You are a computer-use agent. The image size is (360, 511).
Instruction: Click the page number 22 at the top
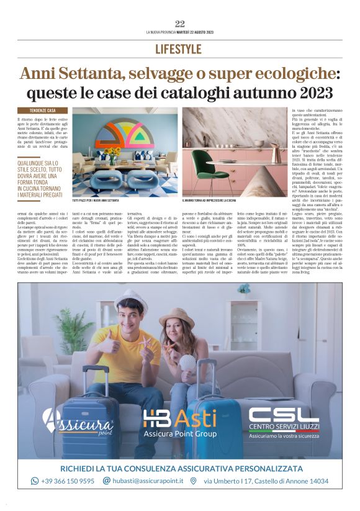(180, 24)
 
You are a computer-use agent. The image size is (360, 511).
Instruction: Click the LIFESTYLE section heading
(180, 49)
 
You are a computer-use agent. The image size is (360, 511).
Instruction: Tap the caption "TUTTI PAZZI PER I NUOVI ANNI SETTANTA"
(96, 201)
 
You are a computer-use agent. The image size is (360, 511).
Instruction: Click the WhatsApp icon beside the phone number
(35, 481)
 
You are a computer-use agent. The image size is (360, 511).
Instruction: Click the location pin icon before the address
(194, 481)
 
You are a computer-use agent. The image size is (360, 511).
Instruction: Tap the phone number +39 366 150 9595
(68, 481)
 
